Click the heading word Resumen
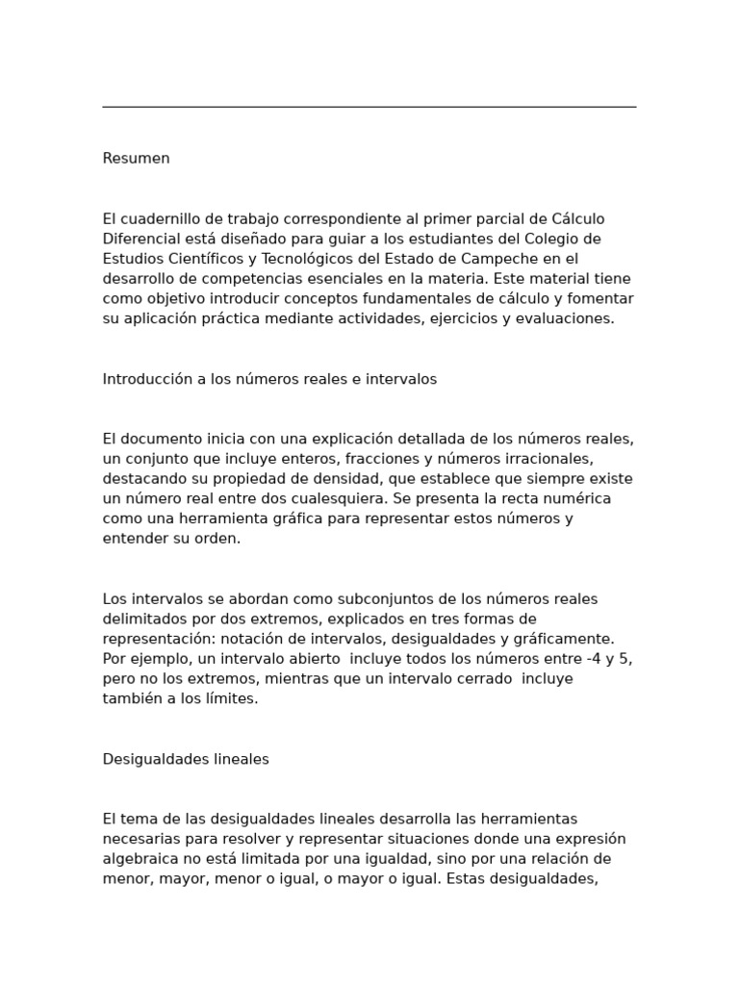coord(136,159)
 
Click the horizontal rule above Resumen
coord(369,107)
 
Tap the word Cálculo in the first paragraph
coord(575,219)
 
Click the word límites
coord(232,699)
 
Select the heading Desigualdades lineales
coord(186,759)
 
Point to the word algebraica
coord(140,859)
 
